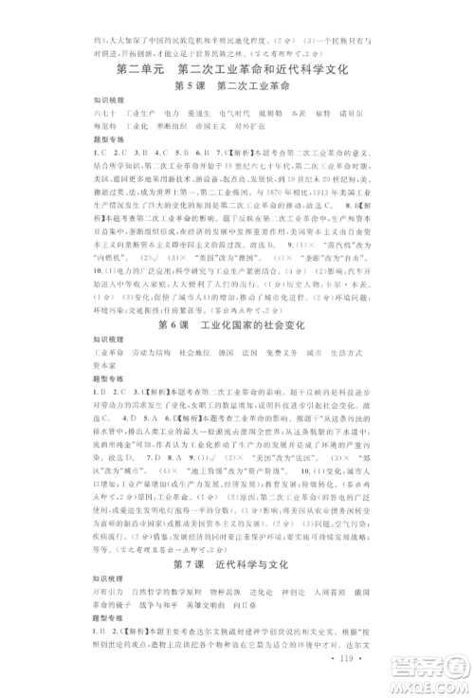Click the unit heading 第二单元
tap(141, 71)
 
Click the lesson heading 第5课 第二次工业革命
tap(238, 88)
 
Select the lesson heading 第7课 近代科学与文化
tap(238, 591)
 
